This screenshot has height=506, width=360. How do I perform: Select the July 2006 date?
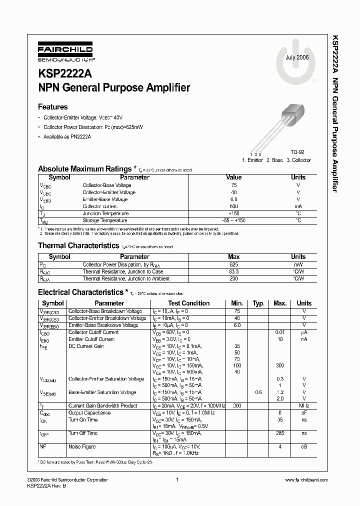click(297, 58)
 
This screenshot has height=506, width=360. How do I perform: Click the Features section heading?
click(52, 106)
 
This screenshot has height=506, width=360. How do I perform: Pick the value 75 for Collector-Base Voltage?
click(233, 185)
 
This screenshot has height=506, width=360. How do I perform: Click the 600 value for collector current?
click(233, 206)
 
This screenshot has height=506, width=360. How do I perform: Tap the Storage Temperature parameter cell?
click(105, 220)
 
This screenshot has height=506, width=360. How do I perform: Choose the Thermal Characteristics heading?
click(77, 245)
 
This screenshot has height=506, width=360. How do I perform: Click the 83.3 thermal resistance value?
click(233, 271)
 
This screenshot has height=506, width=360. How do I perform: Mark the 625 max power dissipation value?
click(233, 264)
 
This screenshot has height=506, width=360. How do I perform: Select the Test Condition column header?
click(188, 303)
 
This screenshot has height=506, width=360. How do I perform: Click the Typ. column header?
click(258, 303)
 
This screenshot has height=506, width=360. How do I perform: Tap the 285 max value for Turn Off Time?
click(280, 433)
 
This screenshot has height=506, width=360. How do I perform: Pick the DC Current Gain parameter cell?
click(86, 346)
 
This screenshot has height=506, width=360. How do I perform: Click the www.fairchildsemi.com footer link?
click(305, 479)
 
